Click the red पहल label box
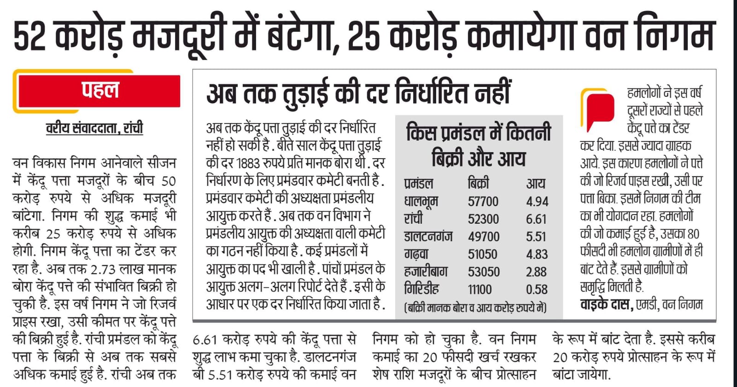[99, 91]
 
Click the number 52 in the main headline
[30, 36]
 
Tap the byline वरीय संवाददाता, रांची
[94, 128]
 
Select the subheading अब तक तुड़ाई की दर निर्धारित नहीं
[358, 93]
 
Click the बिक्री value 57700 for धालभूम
[483, 202]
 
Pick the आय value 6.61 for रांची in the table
[537, 219]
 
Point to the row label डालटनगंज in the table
[428, 237]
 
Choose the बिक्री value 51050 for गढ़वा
[483, 254]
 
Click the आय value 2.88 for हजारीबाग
[537, 272]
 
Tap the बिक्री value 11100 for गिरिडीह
[480, 289]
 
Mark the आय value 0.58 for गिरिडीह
[537, 289]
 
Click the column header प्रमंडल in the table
[419, 184]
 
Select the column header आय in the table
[536, 184]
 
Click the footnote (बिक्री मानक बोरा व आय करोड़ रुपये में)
[475, 308]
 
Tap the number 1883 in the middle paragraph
[248, 163]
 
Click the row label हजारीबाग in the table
[426, 272]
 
